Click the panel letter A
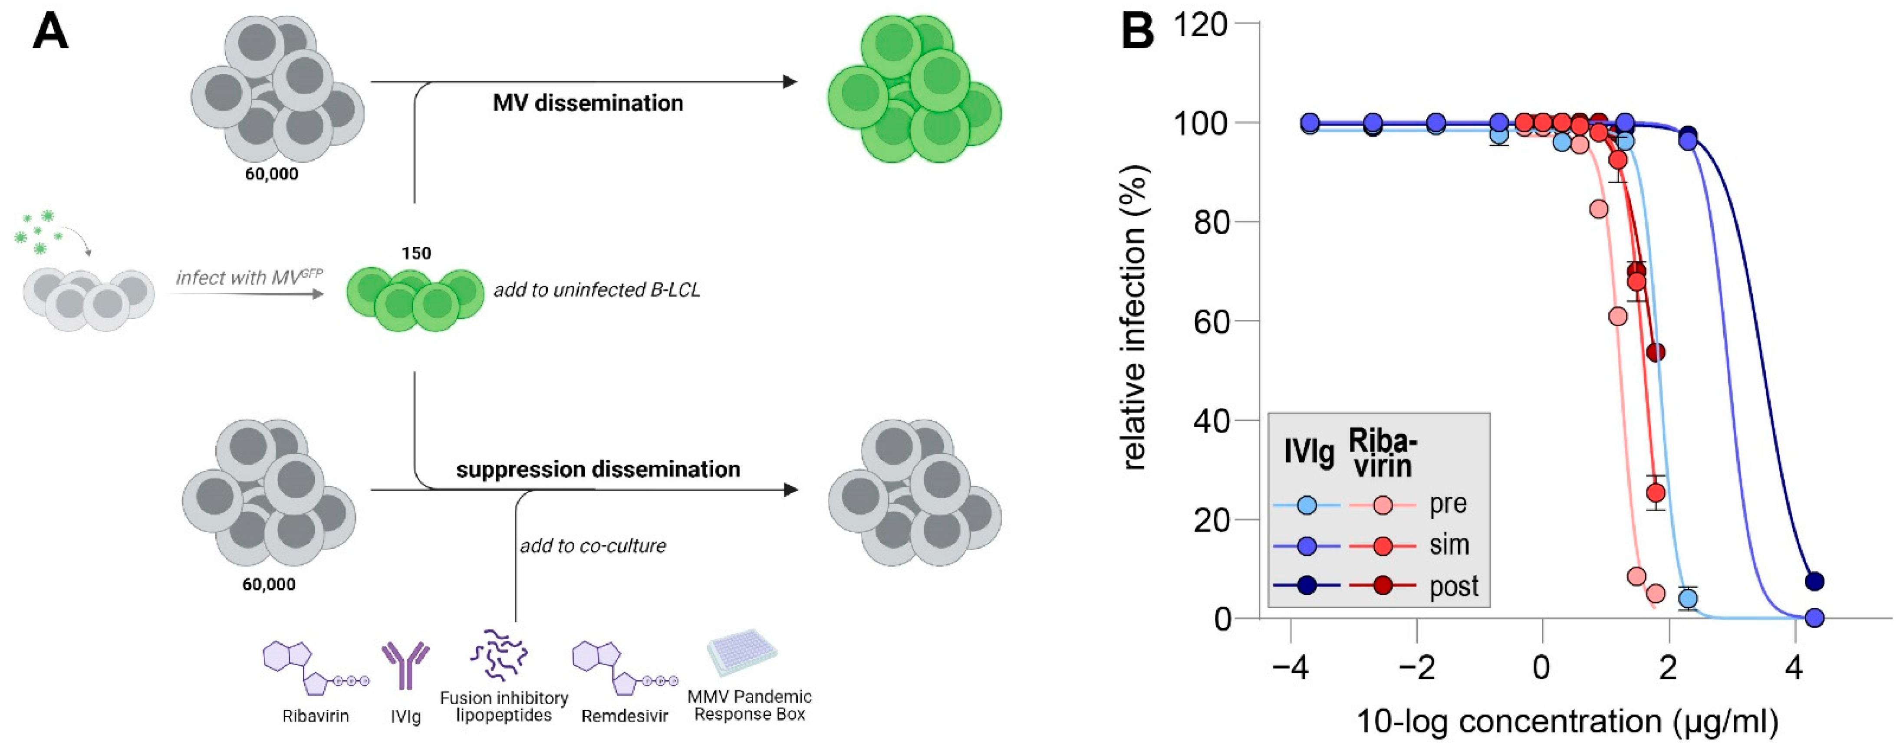[50, 33]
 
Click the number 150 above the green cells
[416, 253]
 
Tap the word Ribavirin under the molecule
[316, 715]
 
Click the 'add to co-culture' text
[593, 546]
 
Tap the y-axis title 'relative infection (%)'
[1133, 318]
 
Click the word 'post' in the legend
[1453, 587]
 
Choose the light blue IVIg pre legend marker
[1306, 505]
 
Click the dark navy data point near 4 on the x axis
[1814, 581]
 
